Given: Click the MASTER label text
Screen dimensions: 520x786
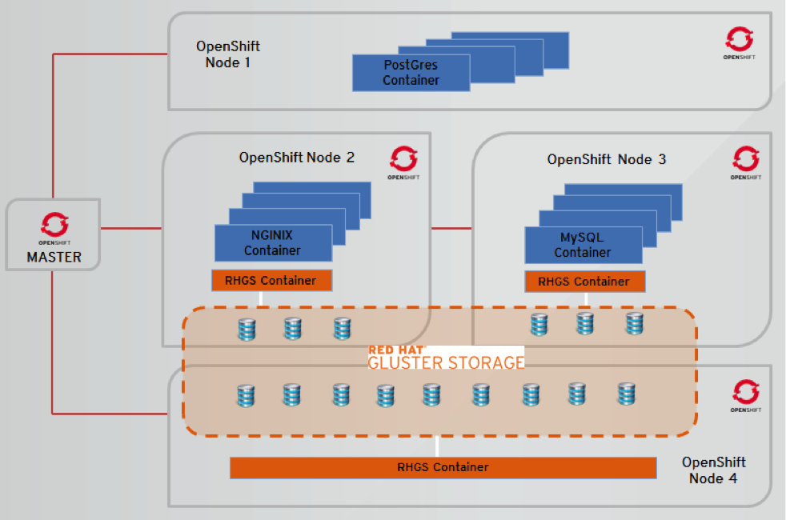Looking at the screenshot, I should [x=54, y=258].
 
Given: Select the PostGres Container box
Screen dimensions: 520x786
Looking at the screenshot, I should [x=411, y=73].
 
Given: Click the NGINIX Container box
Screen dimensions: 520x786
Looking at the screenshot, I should [x=273, y=243].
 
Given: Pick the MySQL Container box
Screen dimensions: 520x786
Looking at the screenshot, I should [x=583, y=245].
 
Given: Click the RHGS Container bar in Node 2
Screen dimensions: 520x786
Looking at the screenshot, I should [x=271, y=281].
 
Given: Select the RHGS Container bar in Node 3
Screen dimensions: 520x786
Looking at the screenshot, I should [x=584, y=282].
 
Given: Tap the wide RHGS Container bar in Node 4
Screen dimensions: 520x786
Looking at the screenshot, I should [x=443, y=467].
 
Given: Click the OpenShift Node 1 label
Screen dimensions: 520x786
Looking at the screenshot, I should [x=228, y=54].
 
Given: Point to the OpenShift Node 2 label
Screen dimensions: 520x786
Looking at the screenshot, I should [x=297, y=158].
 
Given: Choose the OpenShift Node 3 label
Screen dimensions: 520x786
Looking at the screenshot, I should [x=607, y=159].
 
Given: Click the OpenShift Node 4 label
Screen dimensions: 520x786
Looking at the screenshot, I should [x=713, y=470].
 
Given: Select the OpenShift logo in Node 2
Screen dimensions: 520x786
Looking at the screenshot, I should [x=403, y=158].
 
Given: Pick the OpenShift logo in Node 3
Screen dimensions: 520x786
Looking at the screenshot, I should [x=745, y=158].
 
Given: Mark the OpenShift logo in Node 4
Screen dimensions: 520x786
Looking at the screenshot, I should [x=745, y=392].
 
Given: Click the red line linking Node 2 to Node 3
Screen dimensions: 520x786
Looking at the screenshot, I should [x=451, y=229].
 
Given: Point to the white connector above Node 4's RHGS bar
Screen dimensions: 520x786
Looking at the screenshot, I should [x=437, y=446].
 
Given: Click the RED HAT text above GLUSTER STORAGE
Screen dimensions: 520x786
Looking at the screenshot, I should [x=396, y=350].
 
